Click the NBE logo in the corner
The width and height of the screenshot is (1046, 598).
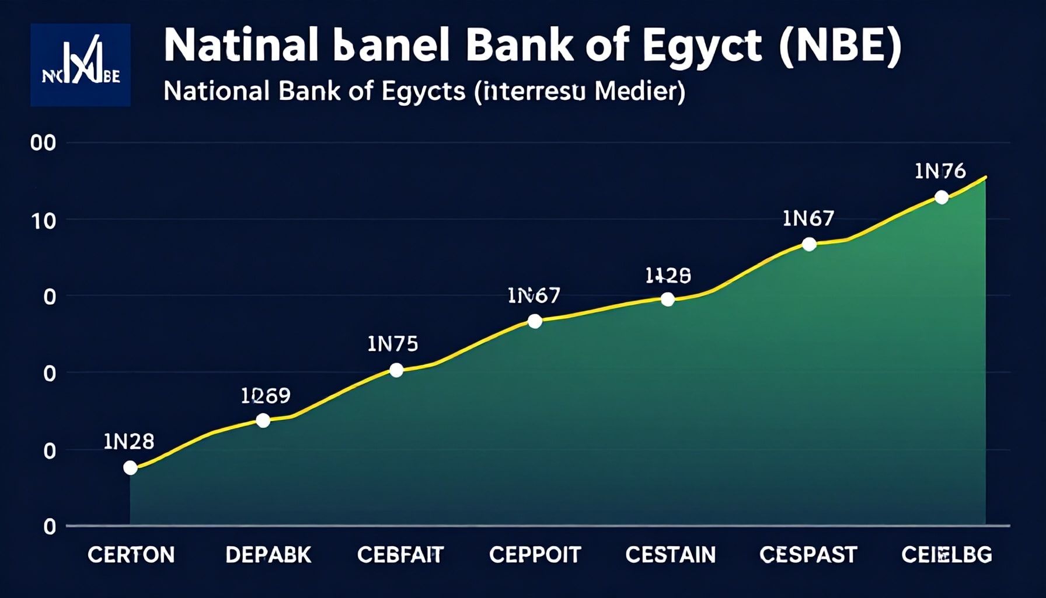point(81,65)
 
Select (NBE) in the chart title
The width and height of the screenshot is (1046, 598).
point(841,46)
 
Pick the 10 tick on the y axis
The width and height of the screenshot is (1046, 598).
point(44,221)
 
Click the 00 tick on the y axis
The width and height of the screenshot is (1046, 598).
point(43,143)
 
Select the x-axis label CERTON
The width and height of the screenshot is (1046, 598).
point(131,554)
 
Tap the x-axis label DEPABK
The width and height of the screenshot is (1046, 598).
point(269,554)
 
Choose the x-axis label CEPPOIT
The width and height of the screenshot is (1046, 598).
point(535,554)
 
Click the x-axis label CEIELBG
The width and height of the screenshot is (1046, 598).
point(946,554)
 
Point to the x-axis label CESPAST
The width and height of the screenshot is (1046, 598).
point(808,554)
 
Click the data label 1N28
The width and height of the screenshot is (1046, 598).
point(129,441)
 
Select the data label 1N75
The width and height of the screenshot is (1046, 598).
point(393,344)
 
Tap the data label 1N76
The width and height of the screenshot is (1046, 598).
point(940,171)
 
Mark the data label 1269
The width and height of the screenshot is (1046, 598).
point(266,396)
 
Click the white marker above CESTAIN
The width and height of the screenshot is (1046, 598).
point(668,300)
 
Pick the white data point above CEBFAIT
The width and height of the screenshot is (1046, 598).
point(396,370)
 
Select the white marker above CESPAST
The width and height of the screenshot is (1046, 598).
point(809,244)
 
